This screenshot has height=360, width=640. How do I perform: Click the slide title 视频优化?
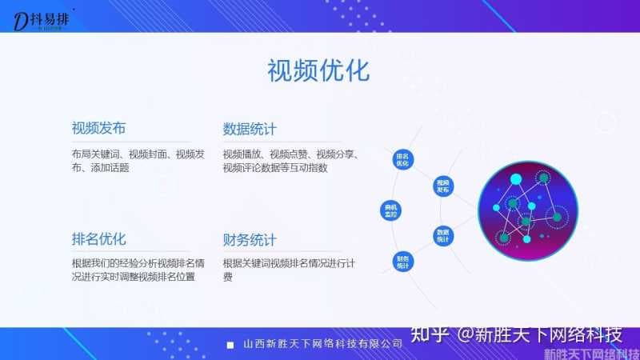[x=318, y=70]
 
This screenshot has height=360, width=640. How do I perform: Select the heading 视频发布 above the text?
[x=98, y=129]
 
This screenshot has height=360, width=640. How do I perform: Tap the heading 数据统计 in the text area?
[x=250, y=129]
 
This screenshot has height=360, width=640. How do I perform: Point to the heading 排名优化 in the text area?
[x=98, y=239]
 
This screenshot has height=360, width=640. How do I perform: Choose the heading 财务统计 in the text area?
[x=250, y=239]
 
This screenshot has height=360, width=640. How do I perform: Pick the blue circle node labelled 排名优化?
[x=402, y=159]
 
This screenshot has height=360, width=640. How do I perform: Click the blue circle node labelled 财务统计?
[x=402, y=262]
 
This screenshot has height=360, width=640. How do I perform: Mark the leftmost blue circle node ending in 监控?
[x=391, y=211]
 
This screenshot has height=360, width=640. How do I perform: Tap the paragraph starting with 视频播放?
[x=294, y=161]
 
